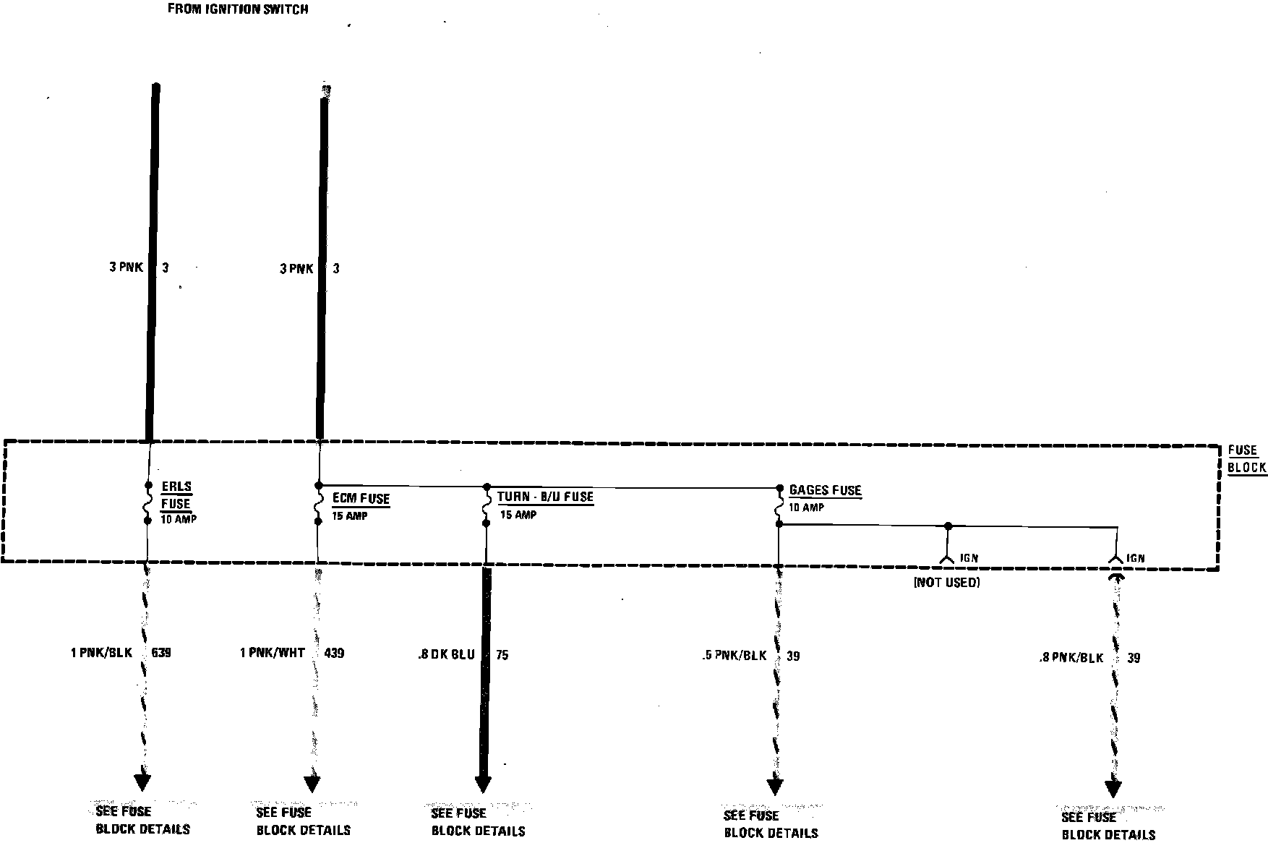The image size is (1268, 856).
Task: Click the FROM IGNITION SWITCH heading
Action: (x=238, y=9)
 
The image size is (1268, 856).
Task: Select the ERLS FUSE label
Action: (x=176, y=495)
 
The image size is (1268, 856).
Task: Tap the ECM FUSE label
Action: (x=361, y=498)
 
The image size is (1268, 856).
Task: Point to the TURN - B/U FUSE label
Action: (x=545, y=497)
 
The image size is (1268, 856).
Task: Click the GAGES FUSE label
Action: (x=825, y=490)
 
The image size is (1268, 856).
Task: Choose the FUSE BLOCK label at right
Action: (x=1247, y=459)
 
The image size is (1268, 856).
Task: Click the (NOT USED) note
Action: (x=947, y=583)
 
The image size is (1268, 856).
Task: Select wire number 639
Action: (x=161, y=653)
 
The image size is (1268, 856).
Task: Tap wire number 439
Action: (x=334, y=653)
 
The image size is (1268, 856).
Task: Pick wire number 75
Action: (x=502, y=655)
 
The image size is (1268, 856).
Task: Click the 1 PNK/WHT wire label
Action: (x=273, y=653)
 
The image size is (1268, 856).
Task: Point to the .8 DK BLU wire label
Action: (x=446, y=655)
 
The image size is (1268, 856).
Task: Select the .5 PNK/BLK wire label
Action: (x=734, y=656)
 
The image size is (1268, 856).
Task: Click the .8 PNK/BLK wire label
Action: (x=1071, y=658)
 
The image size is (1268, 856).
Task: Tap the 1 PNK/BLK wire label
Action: (x=101, y=653)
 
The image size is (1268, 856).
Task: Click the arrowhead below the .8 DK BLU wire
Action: (x=483, y=784)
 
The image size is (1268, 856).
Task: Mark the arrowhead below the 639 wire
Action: (x=142, y=782)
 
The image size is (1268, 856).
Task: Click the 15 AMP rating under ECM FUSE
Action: (x=350, y=515)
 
